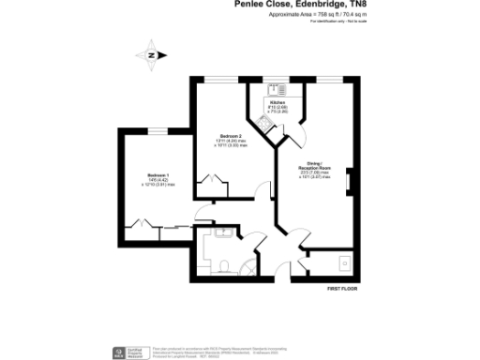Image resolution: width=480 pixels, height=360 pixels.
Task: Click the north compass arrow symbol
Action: [150, 54]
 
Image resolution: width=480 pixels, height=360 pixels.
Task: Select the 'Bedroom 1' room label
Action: [157, 176]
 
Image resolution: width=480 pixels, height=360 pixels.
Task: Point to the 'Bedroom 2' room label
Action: [232, 137]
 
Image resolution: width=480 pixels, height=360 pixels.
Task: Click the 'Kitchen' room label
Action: [277, 102]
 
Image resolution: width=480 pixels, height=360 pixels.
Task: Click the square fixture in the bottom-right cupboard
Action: [346, 262]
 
